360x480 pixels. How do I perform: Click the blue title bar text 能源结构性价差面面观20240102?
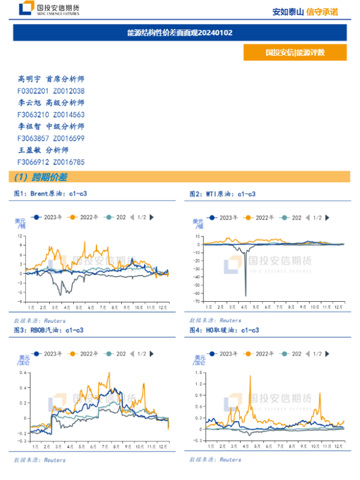tap(180, 32)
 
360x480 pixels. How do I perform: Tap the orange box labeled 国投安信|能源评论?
tap(295, 52)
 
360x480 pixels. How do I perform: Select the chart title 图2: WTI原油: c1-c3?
tap(223, 194)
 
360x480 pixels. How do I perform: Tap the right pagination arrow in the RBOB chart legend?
tap(152, 354)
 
